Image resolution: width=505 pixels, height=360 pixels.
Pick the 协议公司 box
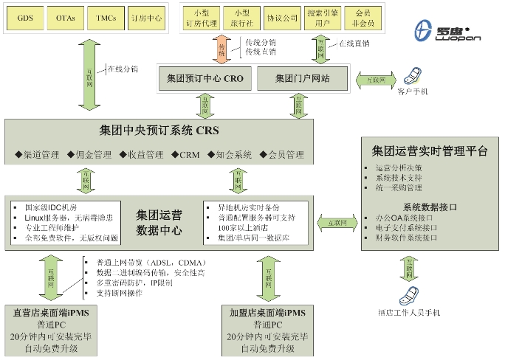point(282,17)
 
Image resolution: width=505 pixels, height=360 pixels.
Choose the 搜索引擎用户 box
point(323,17)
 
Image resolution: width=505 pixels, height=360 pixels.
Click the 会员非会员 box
point(363,17)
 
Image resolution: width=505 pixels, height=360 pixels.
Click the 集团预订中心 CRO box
point(205,77)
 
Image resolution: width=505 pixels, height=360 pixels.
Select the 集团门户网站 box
point(302,77)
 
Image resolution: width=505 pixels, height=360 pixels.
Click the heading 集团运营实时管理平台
point(428,150)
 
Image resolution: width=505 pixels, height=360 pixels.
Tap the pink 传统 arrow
point(221,50)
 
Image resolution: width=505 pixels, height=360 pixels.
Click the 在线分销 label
point(123,69)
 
